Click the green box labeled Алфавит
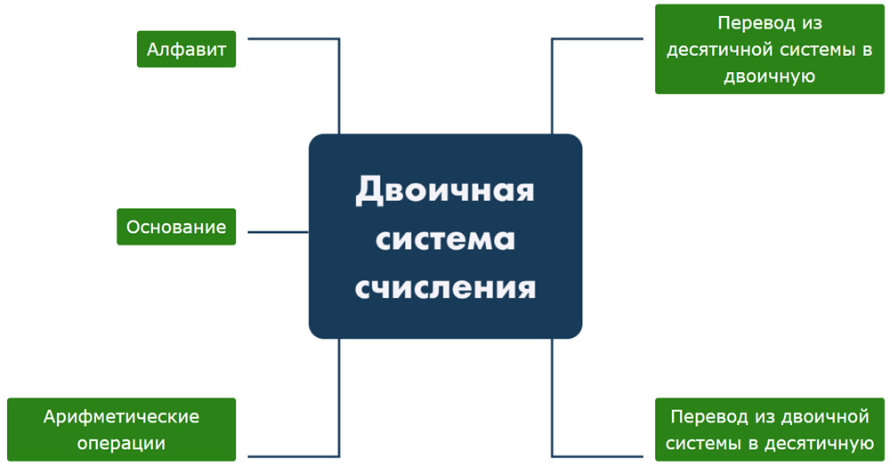click(x=186, y=49)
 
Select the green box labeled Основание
click(x=176, y=227)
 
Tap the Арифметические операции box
click(x=121, y=430)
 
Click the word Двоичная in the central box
click(x=445, y=190)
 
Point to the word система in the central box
click(x=445, y=238)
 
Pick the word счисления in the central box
click(x=445, y=287)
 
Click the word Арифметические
click(x=121, y=417)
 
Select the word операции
click(x=121, y=444)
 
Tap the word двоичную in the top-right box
click(x=770, y=76)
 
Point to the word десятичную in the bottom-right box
click(x=821, y=444)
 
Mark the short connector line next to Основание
click(x=278, y=232)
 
